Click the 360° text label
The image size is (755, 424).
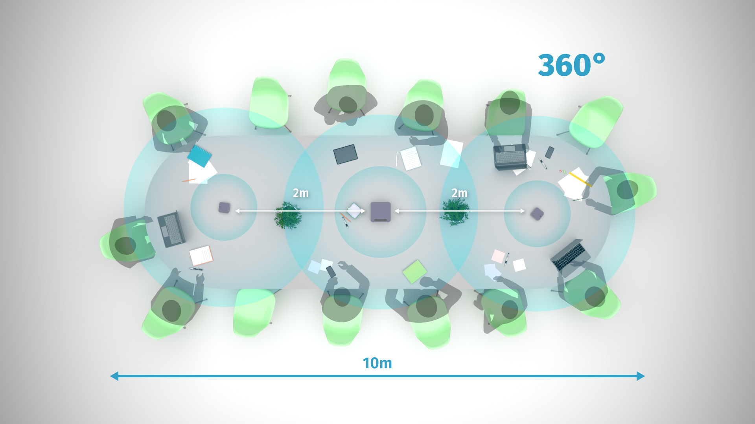coord(571,65)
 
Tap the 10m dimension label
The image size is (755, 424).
coord(377,363)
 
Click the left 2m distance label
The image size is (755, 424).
coord(301,193)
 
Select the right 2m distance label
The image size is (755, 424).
coord(459,193)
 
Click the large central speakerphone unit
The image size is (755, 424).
coord(381,212)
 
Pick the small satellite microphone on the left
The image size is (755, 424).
coord(224,208)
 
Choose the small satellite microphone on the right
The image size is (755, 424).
coord(537,214)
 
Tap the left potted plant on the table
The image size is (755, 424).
coord(288,216)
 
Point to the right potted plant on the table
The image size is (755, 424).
coord(455,212)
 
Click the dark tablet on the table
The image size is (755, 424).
coord(345,154)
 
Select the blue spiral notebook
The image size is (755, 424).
coord(199,156)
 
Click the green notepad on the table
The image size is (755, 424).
coord(414,271)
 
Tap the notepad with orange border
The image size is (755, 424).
coord(201,256)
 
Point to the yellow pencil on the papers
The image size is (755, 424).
coord(580,179)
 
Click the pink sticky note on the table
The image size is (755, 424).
coord(498,256)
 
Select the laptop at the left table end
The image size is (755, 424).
coord(171,229)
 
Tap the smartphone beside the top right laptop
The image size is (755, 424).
coord(549,152)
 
